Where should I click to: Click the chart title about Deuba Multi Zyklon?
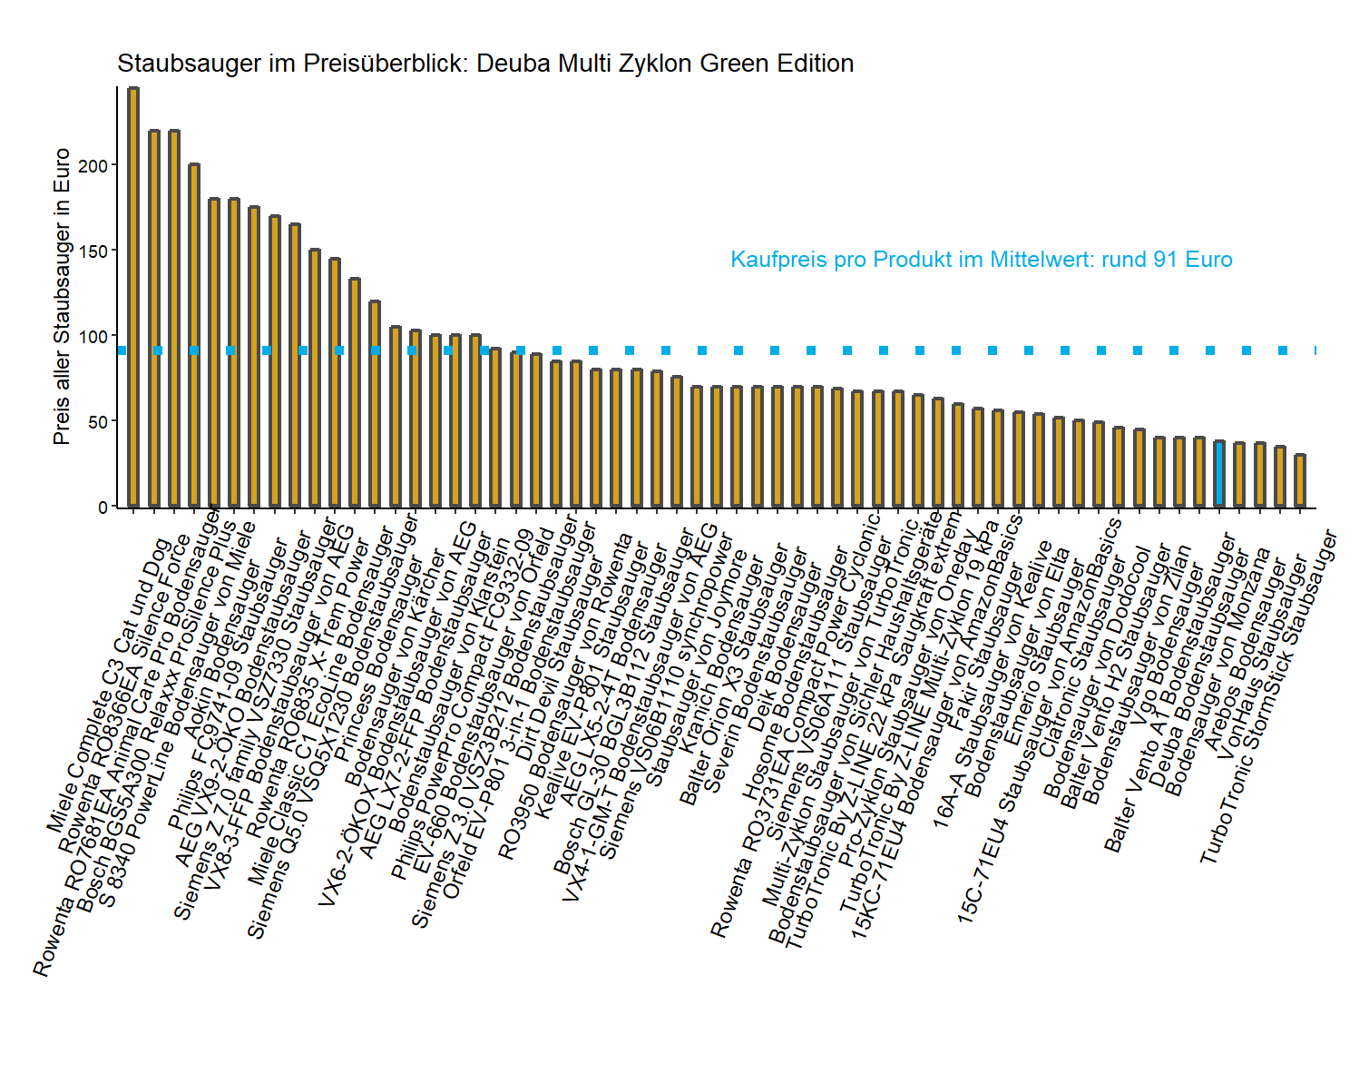(485, 64)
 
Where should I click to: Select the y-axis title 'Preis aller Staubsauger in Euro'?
(62, 296)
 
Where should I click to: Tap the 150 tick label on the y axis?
(95, 251)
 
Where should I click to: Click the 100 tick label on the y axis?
(95, 336)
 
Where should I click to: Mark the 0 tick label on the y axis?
(103, 507)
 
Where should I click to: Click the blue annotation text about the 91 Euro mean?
(981, 260)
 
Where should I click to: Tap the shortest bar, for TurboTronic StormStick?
(1300, 480)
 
